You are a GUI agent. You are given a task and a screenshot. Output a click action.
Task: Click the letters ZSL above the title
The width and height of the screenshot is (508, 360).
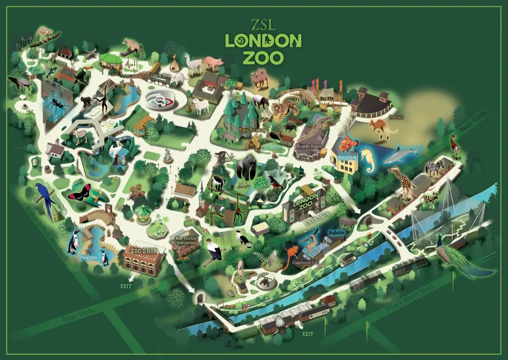[x=263, y=25]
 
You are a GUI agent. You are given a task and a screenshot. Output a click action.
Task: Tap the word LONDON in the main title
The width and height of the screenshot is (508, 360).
[x=263, y=41]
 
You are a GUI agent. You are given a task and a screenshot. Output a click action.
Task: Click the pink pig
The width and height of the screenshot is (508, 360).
[x=213, y=64]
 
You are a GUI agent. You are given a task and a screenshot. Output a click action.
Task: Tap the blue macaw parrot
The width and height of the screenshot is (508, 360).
[x=46, y=198]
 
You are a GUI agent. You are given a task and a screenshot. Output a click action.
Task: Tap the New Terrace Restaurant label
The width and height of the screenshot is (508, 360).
[x=185, y=241]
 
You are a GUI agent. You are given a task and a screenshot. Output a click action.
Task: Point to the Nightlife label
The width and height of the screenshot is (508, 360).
[x=336, y=232]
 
